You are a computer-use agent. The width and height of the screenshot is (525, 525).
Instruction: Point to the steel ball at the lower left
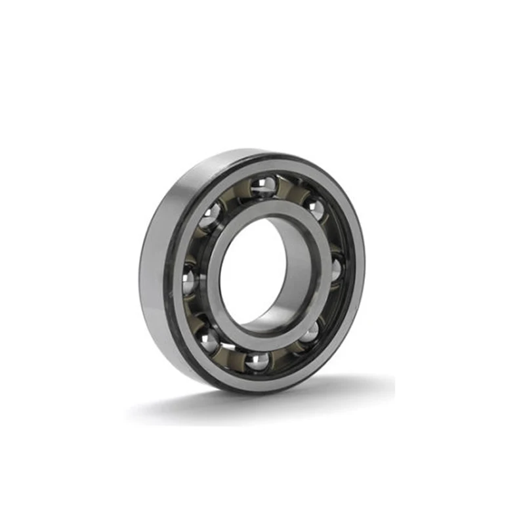tap(209, 339)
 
